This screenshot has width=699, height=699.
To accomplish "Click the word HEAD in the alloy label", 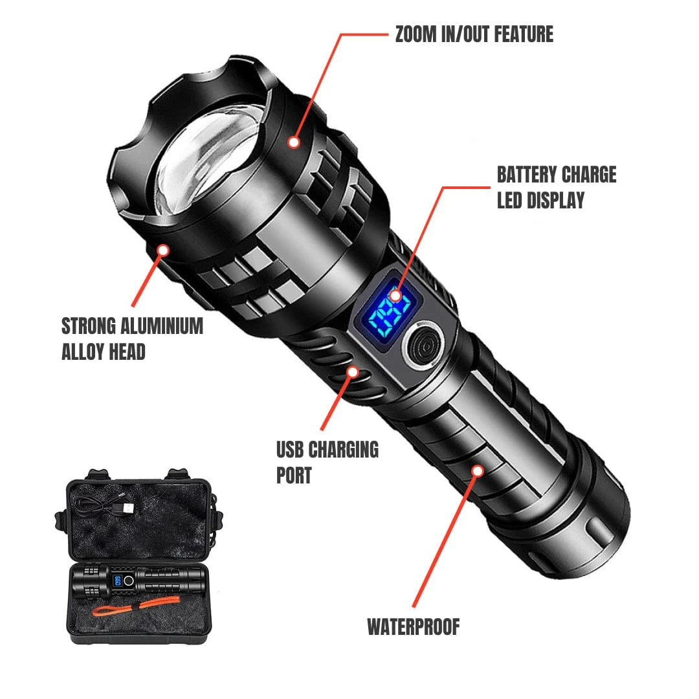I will pos(127,351).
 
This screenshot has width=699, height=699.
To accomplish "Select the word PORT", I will pos(294,475).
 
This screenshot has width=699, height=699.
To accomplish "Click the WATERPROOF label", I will pos(414,627).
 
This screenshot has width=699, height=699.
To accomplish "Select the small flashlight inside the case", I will pos(140,580).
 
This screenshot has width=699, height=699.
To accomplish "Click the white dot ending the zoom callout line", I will pos(294,140).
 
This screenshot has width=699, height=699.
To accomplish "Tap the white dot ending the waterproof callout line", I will pos(477,471).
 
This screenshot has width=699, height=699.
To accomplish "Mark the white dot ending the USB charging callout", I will pos(353,372).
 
